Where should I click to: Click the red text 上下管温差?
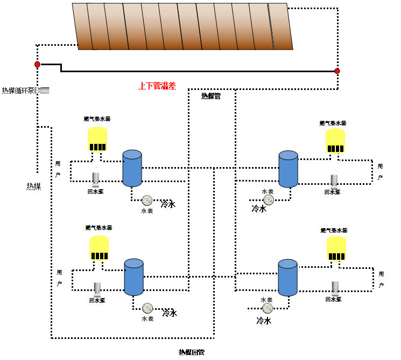click(x=157, y=86)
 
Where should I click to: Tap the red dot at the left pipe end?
click(x=37, y=65)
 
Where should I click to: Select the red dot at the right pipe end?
click(x=337, y=71)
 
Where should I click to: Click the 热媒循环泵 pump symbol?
click(x=43, y=90)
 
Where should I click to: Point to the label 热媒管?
click(x=211, y=96)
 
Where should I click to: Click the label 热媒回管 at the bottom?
click(x=192, y=352)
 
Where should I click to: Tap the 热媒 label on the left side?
click(x=34, y=186)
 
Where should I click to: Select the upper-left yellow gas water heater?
click(x=97, y=139)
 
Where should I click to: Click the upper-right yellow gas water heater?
click(x=335, y=141)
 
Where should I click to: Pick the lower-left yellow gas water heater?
click(x=99, y=248)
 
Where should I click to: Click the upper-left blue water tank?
click(x=132, y=168)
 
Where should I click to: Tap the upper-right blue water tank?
click(x=288, y=169)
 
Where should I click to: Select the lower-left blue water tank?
click(x=133, y=277)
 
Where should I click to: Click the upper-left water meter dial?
click(x=146, y=201)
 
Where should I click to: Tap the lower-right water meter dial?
click(x=267, y=309)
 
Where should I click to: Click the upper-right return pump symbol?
click(x=334, y=179)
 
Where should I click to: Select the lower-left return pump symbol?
click(x=97, y=288)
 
